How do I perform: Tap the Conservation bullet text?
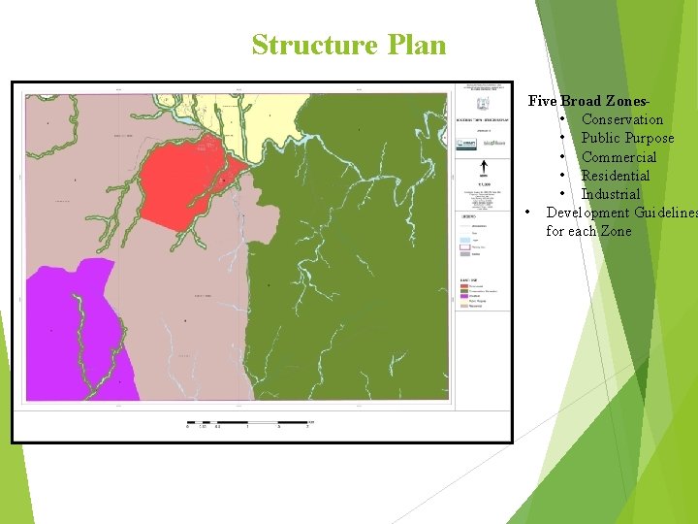(x=621, y=119)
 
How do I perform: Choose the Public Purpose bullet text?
(x=627, y=138)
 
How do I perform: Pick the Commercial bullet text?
(x=619, y=157)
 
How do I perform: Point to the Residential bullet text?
(x=615, y=176)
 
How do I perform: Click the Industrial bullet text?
(x=611, y=194)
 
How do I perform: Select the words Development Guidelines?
(x=620, y=213)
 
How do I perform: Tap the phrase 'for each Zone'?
(x=587, y=231)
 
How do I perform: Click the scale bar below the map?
(x=247, y=423)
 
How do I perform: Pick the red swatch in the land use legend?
(x=462, y=286)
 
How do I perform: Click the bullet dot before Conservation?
(x=562, y=119)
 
